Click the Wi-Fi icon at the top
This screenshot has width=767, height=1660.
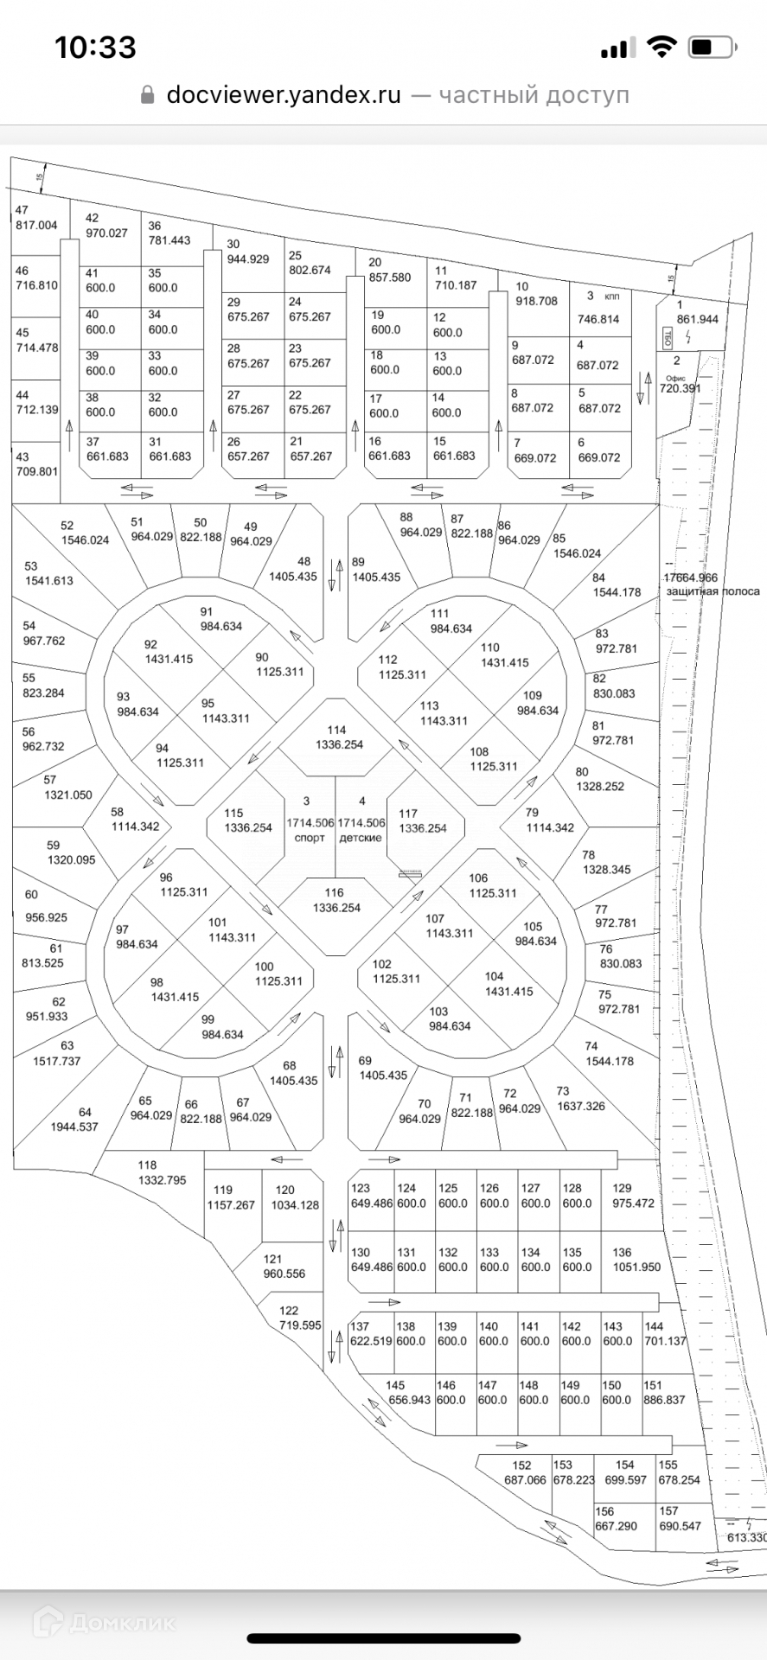click(662, 48)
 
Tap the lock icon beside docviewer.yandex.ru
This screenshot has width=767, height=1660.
click(147, 95)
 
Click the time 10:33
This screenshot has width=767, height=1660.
click(95, 47)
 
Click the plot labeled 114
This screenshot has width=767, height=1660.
click(338, 737)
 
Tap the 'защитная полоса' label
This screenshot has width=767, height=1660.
click(713, 591)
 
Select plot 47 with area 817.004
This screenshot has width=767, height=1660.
click(35, 218)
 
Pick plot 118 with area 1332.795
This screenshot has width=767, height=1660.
click(161, 1172)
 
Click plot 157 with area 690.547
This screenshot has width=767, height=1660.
click(680, 1519)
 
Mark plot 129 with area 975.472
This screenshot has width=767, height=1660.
click(632, 1196)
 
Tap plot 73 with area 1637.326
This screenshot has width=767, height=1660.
click(580, 1099)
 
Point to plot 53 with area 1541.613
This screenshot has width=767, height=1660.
click(48, 573)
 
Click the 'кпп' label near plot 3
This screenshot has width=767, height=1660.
click(612, 296)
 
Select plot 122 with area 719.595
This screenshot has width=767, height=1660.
click(299, 1318)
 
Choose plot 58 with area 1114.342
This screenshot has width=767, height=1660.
click(135, 820)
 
